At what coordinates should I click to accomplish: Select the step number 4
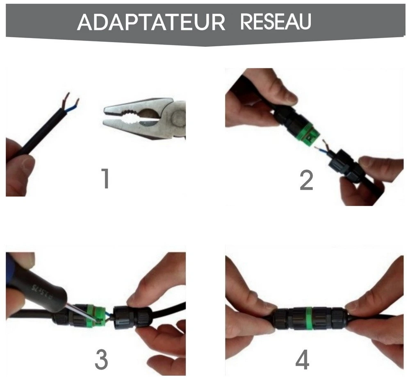coord(303,359)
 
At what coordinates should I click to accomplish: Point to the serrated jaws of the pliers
coord(131,116)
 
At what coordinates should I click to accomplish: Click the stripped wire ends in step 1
coord(71,102)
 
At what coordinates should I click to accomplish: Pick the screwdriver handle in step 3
coord(41,283)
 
